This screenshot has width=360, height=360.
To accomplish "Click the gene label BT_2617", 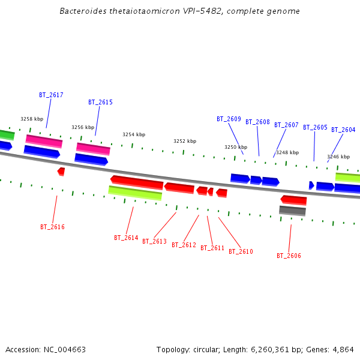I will [51, 95].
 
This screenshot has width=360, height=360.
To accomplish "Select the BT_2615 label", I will [100, 102].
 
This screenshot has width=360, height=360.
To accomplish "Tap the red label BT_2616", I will [52, 227].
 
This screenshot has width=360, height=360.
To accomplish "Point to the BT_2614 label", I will [126, 238].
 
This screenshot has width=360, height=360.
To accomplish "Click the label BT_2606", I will [289, 256].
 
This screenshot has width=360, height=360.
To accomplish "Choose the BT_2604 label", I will [343, 130].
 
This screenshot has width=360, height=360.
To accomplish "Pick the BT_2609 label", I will [229, 119].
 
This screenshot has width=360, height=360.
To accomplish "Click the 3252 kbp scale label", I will [185, 141].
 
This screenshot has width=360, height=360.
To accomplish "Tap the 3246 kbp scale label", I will [338, 156].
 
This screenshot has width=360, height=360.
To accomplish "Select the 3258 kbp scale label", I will [32, 119].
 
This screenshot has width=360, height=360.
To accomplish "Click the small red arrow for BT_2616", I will [61, 172].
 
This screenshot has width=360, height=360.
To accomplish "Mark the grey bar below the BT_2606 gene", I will [292, 210].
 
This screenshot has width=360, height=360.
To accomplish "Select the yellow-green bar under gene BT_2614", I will [135, 193].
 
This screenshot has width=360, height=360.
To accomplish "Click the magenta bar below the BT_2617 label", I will [44, 141].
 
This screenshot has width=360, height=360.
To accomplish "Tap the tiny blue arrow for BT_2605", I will [311, 185].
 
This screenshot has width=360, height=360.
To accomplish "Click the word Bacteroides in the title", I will [83, 11].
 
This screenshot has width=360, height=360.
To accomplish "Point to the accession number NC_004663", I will [65, 349].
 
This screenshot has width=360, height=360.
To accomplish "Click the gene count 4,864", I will [343, 349].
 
